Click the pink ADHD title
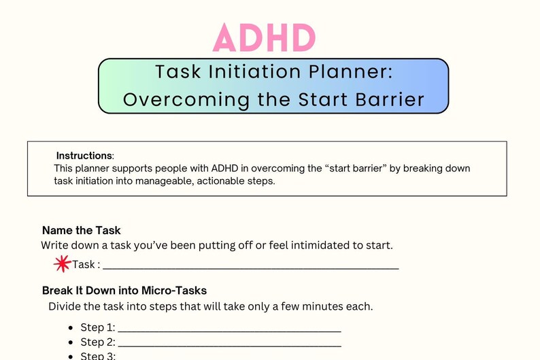265,37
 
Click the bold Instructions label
84,156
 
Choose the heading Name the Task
82,230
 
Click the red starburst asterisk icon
62,263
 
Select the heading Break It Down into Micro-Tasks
124,291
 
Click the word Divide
65,306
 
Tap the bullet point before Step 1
71,327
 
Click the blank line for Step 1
229,329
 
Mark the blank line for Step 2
229,344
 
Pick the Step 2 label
98,342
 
